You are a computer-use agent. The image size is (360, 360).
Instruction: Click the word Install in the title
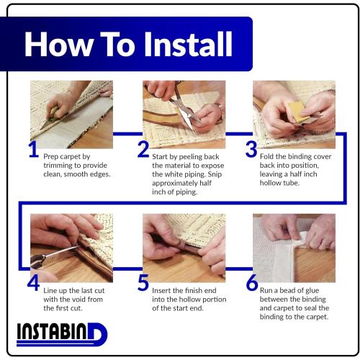188,44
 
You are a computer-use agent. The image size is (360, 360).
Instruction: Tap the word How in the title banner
59,44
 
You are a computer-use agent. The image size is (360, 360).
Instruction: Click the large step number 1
34,150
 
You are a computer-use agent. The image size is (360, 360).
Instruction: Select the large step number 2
143,149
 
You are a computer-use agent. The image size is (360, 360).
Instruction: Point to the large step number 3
251,149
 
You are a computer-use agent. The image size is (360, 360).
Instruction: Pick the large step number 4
33,283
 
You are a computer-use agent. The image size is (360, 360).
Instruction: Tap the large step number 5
143,283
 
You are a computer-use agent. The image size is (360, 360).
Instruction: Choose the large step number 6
252,282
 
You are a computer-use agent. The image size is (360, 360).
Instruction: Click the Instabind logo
62,334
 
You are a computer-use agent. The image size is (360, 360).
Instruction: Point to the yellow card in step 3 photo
297,111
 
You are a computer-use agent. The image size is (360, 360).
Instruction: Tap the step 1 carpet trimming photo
71,114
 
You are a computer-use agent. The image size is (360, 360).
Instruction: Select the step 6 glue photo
294,248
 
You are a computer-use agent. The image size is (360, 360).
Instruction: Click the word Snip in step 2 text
215,174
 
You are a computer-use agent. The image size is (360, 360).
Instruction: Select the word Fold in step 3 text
266,156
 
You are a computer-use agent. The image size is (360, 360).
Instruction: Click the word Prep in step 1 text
50,157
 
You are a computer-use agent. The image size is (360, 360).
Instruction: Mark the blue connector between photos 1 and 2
127,134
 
